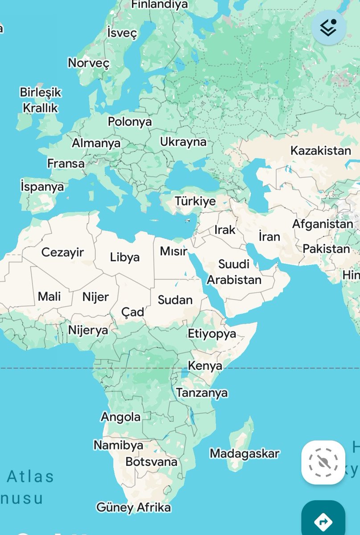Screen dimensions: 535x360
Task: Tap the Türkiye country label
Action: [195, 202]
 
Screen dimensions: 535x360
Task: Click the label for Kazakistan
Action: [321, 151]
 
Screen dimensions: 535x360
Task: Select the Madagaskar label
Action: [245, 454]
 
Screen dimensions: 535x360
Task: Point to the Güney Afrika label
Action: [133, 507]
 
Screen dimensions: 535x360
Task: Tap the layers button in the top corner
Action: [329, 28]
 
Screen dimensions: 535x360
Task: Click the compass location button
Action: [323, 462]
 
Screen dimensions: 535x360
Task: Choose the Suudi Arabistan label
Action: [234, 272]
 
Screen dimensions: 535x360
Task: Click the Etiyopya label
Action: [212, 334]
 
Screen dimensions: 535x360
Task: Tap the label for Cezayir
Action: [62, 252]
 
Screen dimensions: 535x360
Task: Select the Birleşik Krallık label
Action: [41, 100]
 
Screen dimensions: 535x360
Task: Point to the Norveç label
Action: [88, 63]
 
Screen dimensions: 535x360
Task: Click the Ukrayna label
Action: [183, 142]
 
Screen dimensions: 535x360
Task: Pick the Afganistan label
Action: [323, 224]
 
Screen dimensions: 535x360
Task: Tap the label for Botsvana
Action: [151, 462]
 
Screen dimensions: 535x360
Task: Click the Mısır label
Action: [173, 251]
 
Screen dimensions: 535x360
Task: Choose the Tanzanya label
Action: [202, 393]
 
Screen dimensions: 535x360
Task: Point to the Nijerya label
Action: [88, 330]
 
